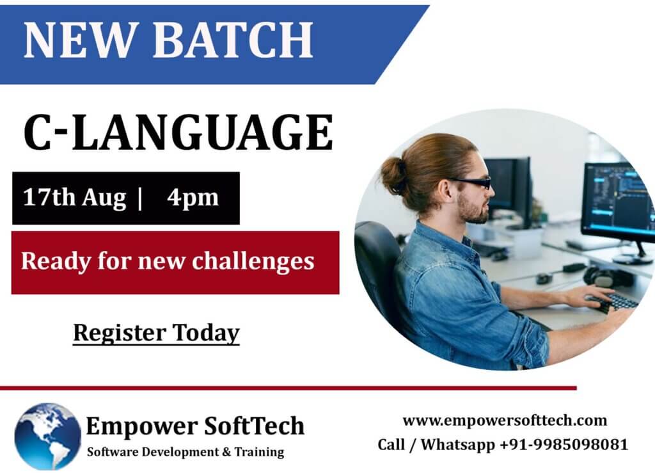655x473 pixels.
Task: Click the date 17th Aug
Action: (x=74, y=197)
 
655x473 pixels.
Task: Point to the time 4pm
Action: (x=193, y=198)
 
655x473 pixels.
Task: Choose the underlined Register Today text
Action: (x=156, y=333)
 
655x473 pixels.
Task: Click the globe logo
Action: (x=47, y=437)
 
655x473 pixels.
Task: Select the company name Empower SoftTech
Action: (x=195, y=427)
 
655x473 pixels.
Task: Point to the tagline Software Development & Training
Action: (x=185, y=452)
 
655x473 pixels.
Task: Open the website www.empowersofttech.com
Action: (x=505, y=421)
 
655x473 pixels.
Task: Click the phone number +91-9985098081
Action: (x=564, y=444)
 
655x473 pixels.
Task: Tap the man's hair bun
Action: (x=392, y=175)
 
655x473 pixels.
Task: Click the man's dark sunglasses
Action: (x=470, y=182)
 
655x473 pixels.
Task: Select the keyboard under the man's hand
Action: (x=615, y=301)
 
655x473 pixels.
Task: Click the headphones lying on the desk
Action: (x=601, y=277)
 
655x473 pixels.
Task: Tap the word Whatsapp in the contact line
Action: (x=457, y=445)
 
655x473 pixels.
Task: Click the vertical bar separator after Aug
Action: (x=139, y=198)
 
